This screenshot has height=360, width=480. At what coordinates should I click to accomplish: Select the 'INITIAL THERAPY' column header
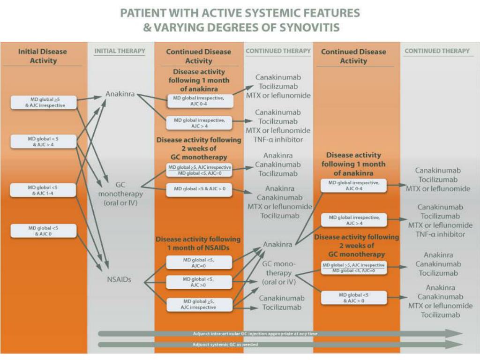(x=120, y=51)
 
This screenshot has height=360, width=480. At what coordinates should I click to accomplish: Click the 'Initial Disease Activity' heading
(x=43, y=56)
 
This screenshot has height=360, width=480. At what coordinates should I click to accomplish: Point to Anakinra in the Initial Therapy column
(x=120, y=94)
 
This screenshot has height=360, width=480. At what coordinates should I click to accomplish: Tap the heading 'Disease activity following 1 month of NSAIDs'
(x=198, y=243)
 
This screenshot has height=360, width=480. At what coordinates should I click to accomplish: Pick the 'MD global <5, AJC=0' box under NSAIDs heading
(x=199, y=262)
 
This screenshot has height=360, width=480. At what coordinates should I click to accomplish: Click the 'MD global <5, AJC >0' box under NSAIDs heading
(x=199, y=282)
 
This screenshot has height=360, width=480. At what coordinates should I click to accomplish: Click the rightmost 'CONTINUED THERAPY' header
(x=437, y=51)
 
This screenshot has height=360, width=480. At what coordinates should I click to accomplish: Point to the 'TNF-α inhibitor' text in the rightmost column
(x=440, y=234)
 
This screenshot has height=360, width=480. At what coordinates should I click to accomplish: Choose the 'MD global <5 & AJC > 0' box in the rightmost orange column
(x=354, y=298)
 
